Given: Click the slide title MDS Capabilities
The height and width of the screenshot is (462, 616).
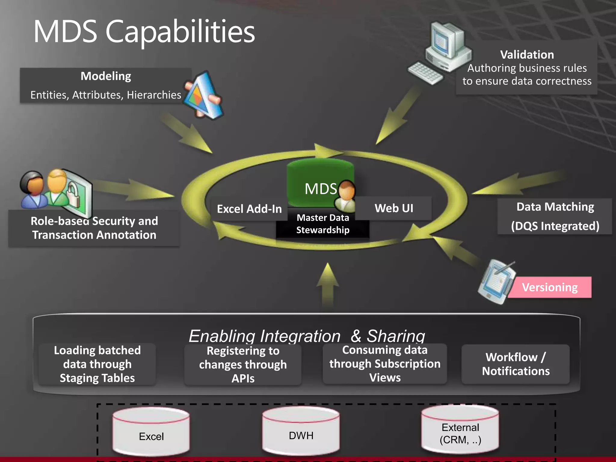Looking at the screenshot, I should [x=144, y=32].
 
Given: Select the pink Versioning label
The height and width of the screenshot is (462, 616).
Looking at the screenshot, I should [x=550, y=287].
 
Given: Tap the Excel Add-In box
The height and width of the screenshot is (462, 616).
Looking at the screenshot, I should [x=249, y=209].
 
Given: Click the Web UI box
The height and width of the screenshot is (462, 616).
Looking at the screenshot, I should [x=394, y=208].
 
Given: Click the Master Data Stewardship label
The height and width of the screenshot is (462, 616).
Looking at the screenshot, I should [x=323, y=224].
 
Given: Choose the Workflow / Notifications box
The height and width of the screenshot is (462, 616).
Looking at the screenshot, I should [x=516, y=364].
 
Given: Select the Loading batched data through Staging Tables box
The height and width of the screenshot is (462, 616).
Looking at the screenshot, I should [x=97, y=364].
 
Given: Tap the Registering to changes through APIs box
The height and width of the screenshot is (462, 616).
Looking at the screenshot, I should [x=243, y=365].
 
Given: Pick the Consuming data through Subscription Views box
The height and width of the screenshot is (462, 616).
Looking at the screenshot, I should [x=385, y=364].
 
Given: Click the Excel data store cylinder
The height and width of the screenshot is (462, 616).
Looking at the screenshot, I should [x=151, y=432].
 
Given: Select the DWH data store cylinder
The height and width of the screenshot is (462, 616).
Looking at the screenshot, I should [x=301, y=431].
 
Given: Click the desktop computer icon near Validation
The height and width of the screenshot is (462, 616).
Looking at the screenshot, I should [x=442, y=51].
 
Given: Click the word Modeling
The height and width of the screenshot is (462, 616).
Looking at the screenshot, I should [x=106, y=76].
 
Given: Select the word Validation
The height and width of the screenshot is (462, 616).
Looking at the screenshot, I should [x=527, y=55].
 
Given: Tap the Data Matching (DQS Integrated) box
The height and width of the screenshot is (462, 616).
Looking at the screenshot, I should [x=555, y=216].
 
